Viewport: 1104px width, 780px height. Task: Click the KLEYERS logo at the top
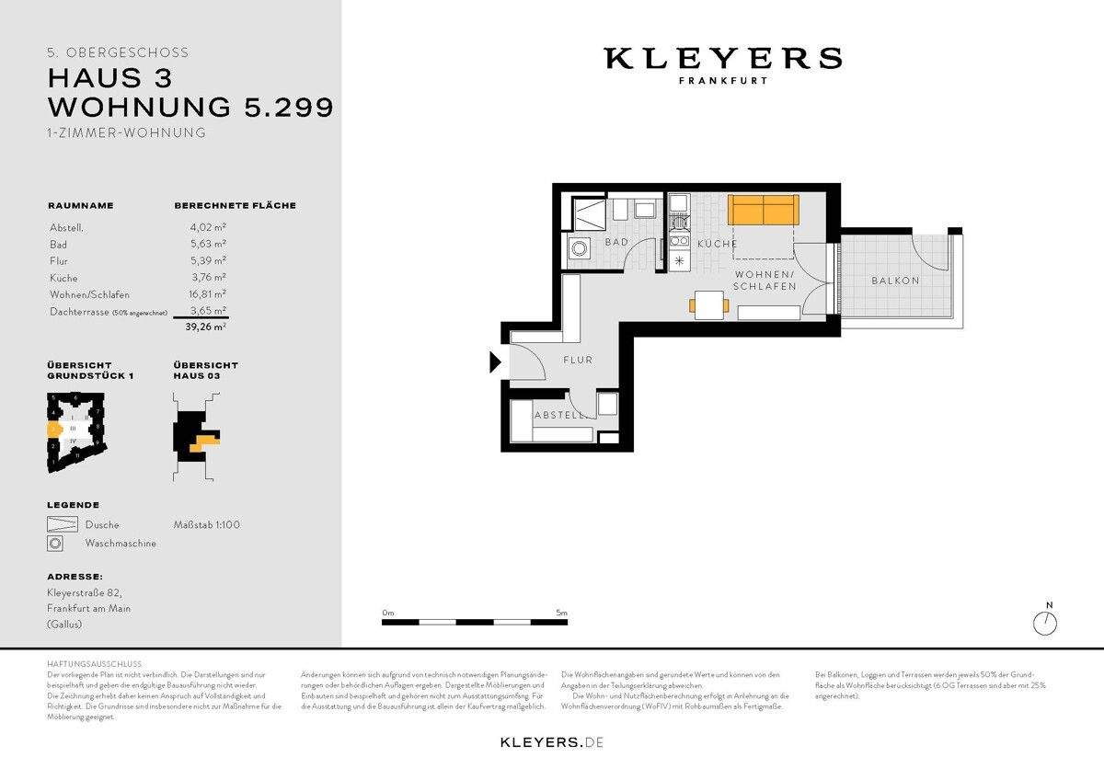click(722, 60)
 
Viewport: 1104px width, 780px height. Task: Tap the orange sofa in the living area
click(763, 210)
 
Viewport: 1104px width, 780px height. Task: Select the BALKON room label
click(895, 281)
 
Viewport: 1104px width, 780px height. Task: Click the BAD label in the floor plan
click(615, 243)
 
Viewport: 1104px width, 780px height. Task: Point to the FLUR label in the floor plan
click(578, 361)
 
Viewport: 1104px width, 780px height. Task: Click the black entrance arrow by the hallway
click(496, 362)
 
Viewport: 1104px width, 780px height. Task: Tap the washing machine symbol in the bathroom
click(581, 248)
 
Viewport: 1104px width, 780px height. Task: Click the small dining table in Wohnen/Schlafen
click(708, 303)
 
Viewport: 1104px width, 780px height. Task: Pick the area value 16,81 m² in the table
click(201, 294)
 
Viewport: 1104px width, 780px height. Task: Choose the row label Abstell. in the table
click(66, 228)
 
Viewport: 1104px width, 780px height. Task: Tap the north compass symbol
click(1045, 623)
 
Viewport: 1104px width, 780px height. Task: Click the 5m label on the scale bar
click(561, 613)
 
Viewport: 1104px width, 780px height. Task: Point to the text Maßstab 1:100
click(206, 525)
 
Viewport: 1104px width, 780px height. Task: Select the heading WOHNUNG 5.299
click(190, 107)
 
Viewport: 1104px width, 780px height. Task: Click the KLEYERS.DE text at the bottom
click(551, 741)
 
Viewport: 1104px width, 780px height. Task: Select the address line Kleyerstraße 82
click(84, 593)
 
